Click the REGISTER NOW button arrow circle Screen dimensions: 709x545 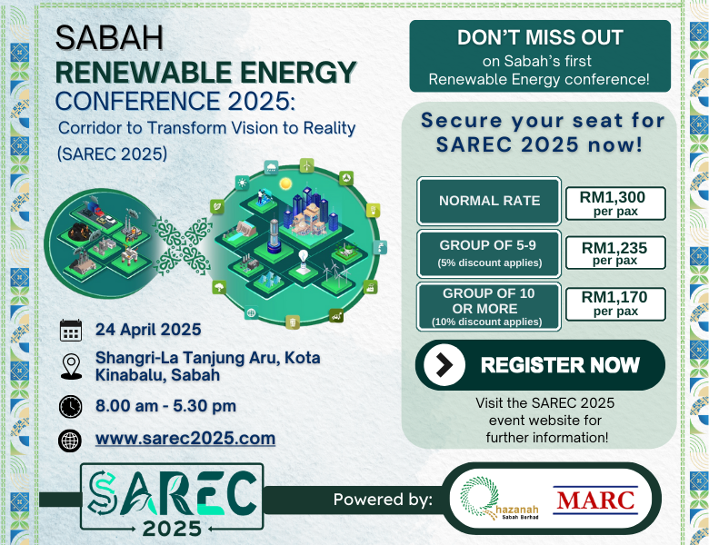444,364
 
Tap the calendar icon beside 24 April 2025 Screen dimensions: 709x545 71,330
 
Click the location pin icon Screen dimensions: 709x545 72,366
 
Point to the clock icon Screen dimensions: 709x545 71,406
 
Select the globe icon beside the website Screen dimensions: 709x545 70,441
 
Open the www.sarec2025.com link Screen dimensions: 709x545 185,439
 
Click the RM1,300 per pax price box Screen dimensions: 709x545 615,203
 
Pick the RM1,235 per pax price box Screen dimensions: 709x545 615,253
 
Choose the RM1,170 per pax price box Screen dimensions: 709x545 615,303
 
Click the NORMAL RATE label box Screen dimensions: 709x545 489,201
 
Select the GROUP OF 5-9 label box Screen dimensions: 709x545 489,253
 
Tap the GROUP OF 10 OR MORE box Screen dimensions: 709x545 489,307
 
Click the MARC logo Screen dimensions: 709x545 595,500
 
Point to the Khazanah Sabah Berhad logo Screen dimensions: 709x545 499,499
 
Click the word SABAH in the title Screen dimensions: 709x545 109,37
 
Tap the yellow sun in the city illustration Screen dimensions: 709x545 285,183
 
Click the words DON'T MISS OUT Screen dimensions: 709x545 540,37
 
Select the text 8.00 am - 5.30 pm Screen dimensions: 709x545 165,406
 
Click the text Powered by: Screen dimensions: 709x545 383,500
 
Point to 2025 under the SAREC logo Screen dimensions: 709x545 172,529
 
